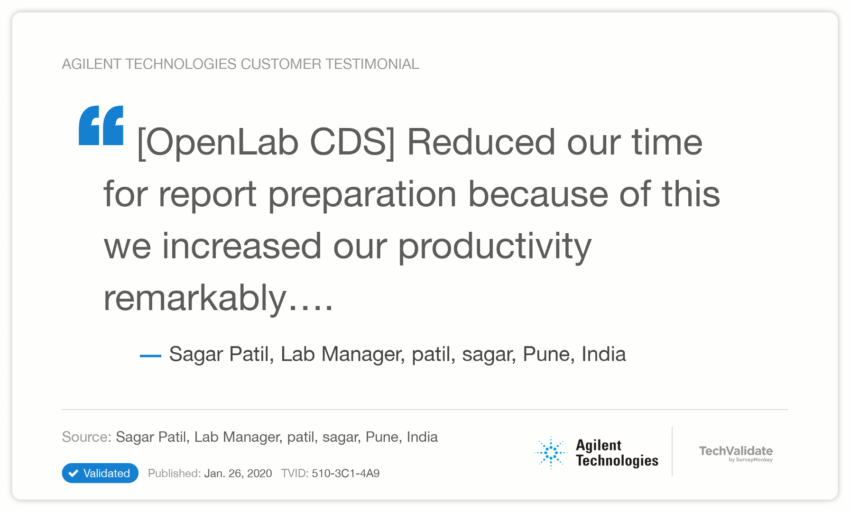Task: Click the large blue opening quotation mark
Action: point(101,125)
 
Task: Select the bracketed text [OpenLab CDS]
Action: point(266,142)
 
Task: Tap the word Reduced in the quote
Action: point(481,142)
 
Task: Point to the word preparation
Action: point(363,196)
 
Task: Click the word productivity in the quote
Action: point(495,247)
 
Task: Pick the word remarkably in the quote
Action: point(195,299)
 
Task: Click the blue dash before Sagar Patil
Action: point(151,356)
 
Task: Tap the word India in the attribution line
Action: point(604,354)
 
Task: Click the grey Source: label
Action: point(86,437)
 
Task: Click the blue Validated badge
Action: point(100,473)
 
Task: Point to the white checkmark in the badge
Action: point(74,473)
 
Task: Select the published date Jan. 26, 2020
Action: point(238,473)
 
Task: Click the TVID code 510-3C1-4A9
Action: point(346,473)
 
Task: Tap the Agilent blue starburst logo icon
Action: point(551,453)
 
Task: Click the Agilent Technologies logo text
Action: point(617,453)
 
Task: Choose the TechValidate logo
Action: point(736,453)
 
